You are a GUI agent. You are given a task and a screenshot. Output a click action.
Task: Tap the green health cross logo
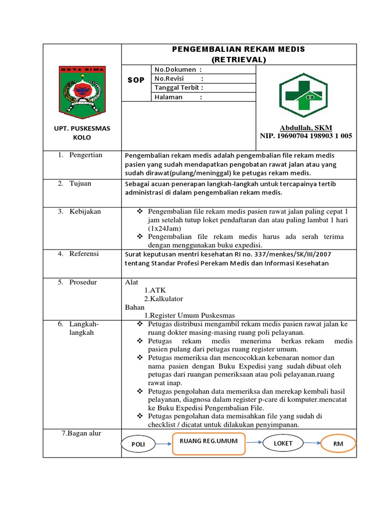303,93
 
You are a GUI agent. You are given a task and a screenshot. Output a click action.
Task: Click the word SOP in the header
136,80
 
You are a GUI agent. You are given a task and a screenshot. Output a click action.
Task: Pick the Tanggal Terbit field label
179,88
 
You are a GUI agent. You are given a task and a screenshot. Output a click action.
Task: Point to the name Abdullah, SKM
306,127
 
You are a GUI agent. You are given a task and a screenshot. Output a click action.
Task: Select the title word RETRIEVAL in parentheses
238,59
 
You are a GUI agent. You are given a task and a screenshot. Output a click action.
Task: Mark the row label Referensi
84,254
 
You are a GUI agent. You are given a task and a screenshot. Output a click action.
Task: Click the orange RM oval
339,444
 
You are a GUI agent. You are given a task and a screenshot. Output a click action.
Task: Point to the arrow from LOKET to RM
313,443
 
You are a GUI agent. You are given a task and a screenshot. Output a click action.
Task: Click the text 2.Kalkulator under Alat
164,299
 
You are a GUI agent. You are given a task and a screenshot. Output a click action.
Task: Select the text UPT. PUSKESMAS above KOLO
82,128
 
